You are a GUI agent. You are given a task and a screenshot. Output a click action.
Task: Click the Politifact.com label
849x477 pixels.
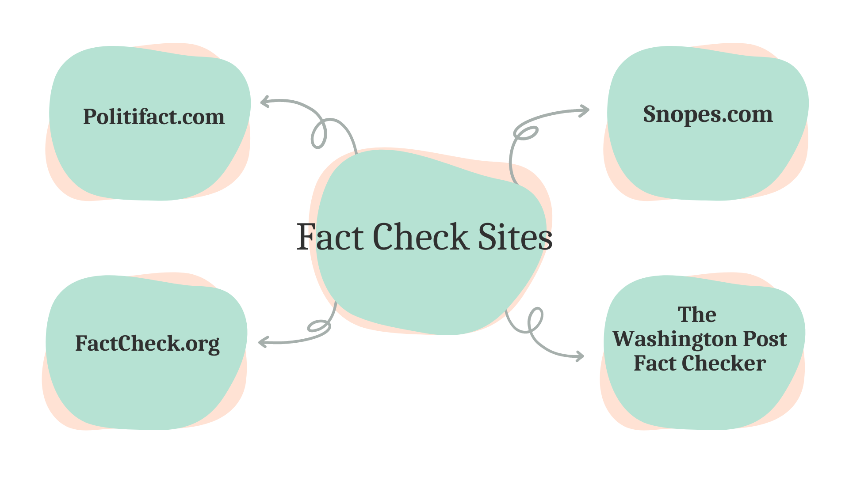154,117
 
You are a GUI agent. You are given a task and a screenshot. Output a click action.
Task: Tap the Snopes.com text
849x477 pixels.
708,114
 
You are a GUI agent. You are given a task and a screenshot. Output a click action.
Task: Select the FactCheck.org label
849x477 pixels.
147,344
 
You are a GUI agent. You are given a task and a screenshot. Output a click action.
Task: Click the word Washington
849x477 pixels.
674,339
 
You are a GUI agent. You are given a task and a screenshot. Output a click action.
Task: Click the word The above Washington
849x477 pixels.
697,315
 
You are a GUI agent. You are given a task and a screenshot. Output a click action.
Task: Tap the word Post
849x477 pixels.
765,339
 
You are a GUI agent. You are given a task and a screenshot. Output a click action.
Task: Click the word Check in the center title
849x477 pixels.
421,237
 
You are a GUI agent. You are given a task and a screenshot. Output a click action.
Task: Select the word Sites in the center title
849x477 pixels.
515,237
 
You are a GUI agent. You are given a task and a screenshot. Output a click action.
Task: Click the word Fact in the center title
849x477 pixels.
330,237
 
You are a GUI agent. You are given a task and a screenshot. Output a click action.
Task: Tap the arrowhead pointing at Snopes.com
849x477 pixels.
586,110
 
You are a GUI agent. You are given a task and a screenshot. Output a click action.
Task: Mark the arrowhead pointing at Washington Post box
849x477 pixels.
580,356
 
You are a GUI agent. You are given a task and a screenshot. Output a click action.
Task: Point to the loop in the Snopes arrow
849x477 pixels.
526,133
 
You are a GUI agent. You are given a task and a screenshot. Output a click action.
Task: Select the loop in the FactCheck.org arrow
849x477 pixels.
318,326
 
